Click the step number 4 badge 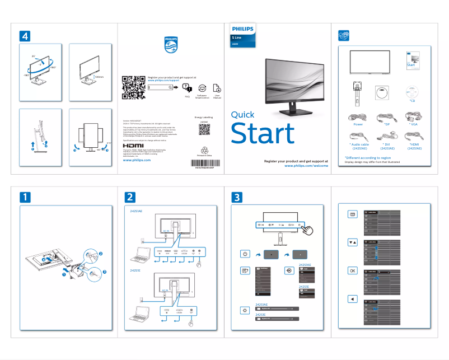(25, 35)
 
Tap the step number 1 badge (25, 197)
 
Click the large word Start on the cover (263, 134)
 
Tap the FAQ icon (188, 88)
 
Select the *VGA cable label (414, 124)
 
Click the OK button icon (352, 270)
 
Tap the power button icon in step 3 (245, 254)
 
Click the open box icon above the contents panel (345, 35)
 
